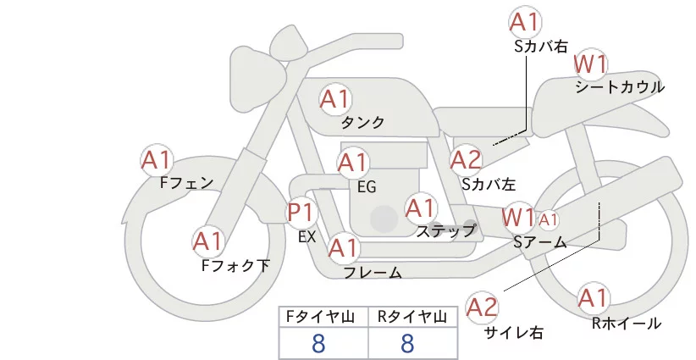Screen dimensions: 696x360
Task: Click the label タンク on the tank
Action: (x=363, y=123)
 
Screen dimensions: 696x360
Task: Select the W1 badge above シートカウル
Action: (x=592, y=64)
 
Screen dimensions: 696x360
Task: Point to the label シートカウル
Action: (x=619, y=86)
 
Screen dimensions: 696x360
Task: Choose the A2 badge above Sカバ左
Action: (x=466, y=159)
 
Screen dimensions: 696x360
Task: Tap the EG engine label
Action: (x=367, y=186)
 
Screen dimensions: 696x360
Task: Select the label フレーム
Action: (x=373, y=272)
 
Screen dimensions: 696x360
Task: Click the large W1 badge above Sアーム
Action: (x=517, y=217)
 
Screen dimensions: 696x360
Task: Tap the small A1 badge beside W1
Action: (x=549, y=220)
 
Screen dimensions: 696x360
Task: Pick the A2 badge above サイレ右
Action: (x=483, y=307)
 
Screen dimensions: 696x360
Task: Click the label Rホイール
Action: (x=627, y=323)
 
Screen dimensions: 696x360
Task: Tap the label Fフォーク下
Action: (x=235, y=265)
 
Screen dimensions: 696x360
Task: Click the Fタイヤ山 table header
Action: (x=323, y=317)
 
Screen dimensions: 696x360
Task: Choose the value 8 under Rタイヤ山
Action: (x=407, y=343)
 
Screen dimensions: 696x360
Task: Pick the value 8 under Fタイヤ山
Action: (x=318, y=343)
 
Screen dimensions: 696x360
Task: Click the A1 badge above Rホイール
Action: (x=593, y=297)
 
